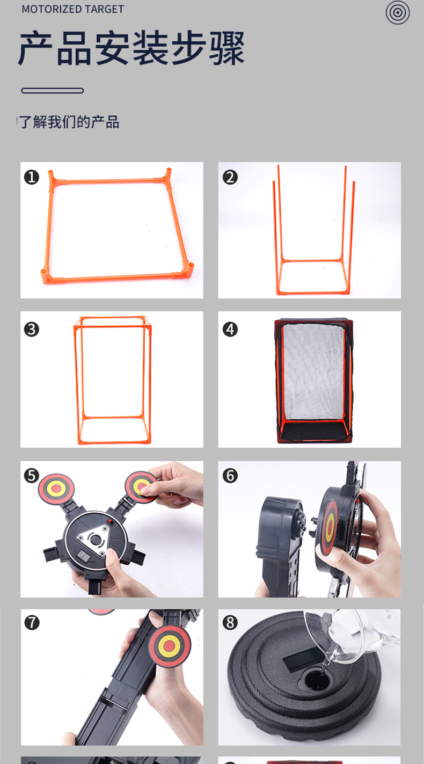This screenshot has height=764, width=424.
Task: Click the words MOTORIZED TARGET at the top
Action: (72, 9)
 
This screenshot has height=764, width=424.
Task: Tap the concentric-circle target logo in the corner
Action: (398, 13)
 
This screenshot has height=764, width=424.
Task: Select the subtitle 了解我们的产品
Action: (69, 122)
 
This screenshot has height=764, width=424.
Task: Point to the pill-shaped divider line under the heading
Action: (53, 91)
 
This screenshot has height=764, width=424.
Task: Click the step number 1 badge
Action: (32, 177)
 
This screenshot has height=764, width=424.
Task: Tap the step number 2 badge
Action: (230, 177)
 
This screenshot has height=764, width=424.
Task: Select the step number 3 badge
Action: (32, 330)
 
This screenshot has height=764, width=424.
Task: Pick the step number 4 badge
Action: (230, 330)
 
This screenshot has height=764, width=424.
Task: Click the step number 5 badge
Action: (32, 476)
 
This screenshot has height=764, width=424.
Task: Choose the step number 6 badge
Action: (230, 476)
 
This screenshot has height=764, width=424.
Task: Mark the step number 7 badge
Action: (32, 623)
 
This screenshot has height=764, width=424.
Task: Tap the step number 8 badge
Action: (230, 623)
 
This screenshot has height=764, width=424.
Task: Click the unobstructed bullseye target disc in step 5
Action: (56, 489)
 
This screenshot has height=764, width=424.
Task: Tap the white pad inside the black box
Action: (313, 372)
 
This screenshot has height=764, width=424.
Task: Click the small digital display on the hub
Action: (83, 556)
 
